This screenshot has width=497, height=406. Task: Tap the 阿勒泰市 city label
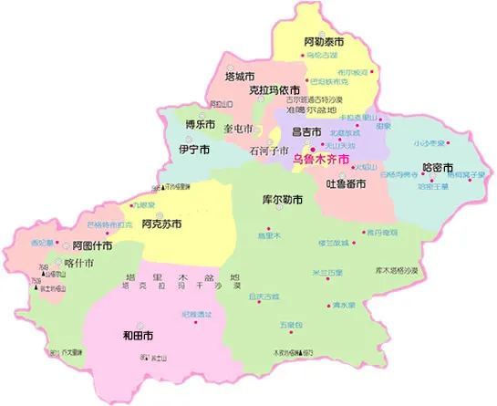(324, 42)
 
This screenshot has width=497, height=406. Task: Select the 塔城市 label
(240, 77)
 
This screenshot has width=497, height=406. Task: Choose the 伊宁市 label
(194, 149)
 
